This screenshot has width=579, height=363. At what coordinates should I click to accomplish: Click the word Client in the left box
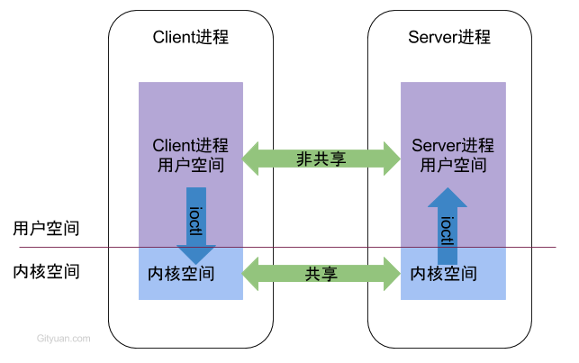click(171, 146)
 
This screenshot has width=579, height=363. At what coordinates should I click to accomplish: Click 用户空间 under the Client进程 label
click(190, 166)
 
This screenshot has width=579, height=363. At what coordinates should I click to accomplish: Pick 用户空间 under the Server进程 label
click(454, 166)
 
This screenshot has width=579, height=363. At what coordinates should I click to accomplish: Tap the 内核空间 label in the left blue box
click(181, 272)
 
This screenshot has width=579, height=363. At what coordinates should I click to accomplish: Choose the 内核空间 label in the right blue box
click(443, 272)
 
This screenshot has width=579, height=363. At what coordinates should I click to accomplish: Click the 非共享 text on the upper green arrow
click(321, 159)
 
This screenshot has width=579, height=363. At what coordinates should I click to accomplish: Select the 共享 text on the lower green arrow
click(321, 274)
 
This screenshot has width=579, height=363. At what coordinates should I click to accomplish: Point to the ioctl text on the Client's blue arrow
click(195, 219)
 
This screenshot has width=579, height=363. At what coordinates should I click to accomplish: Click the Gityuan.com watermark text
click(63, 339)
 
